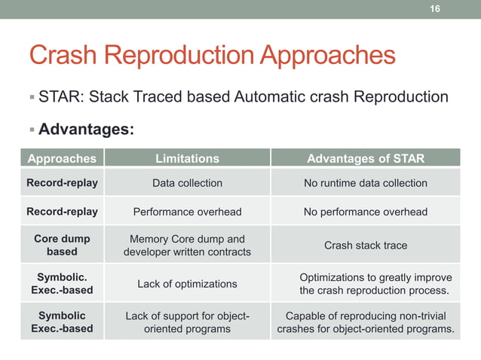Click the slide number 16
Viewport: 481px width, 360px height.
[x=434, y=9]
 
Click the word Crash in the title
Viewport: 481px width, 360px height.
[x=63, y=55]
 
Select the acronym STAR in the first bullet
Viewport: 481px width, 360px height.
[x=59, y=97]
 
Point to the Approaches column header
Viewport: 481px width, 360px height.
[x=62, y=158]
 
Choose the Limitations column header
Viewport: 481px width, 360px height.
[x=187, y=158]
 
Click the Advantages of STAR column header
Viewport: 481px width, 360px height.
[x=365, y=158]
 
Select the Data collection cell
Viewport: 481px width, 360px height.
[x=187, y=183]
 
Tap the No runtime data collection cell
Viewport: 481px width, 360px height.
[x=365, y=183]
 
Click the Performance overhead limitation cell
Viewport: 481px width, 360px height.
[x=187, y=212]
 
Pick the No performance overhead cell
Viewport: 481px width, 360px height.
[x=365, y=212]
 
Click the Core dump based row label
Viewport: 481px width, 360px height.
[x=62, y=245]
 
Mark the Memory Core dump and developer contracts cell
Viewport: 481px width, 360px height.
[x=187, y=246]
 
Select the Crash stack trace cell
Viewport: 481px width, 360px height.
[x=365, y=246]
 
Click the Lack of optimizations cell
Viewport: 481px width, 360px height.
[x=187, y=284]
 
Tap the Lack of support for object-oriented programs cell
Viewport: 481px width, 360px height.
[x=187, y=322]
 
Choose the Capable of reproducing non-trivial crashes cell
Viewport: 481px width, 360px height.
[x=366, y=322]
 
